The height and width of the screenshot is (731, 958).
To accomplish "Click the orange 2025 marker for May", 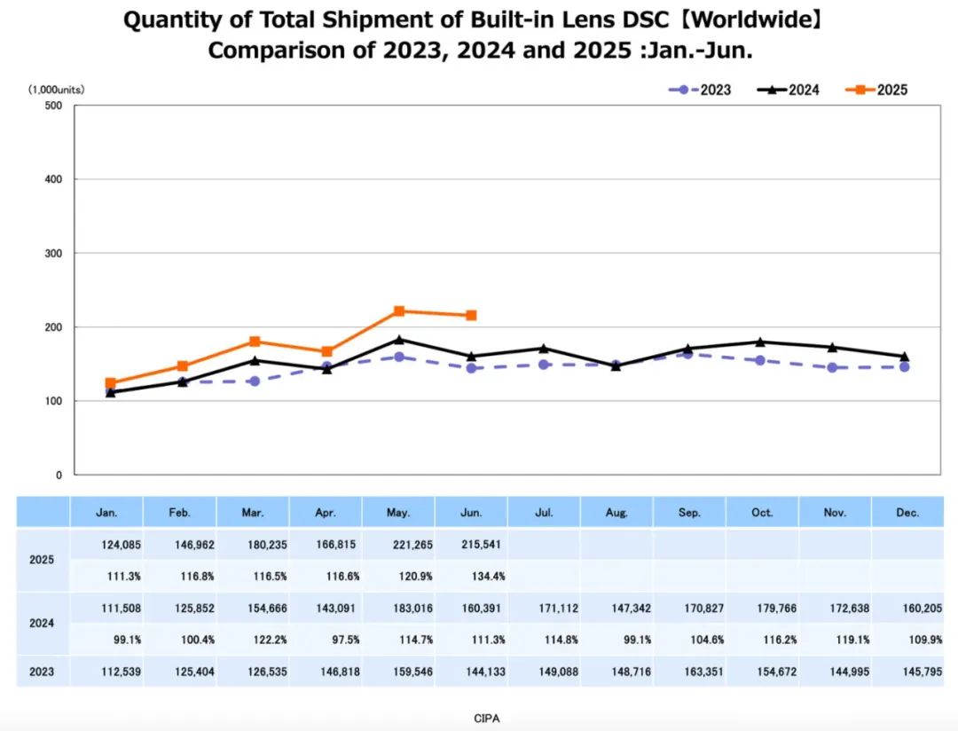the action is [x=399, y=311].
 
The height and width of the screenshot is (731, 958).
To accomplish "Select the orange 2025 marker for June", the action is [x=471, y=316].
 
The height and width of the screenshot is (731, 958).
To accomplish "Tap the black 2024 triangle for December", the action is [x=904, y=356].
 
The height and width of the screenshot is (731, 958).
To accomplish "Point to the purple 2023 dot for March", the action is [x=255, y=381].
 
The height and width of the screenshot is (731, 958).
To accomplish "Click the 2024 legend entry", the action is [x=789, y=90].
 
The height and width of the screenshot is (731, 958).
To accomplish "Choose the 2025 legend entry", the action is [x=876, y=90].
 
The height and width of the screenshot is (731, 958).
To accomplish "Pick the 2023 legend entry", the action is [x=700, y=90].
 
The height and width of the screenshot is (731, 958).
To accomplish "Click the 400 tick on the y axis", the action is [x=53, y=179].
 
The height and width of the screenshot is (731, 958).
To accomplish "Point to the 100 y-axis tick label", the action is [x=53, y=401].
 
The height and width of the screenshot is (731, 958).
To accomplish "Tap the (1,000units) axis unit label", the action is [x=56, y=90].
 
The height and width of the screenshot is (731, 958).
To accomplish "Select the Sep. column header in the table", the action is [x=689, y=512].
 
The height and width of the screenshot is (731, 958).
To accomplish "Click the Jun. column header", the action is [x=471, y=512].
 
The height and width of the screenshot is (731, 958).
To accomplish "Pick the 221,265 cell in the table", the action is [x=413, y=545].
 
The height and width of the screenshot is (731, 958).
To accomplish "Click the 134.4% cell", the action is [x=488, y=577].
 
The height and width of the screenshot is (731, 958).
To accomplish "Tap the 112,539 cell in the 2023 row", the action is [x=121, y=672].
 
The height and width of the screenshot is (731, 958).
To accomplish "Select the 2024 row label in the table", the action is [x=42, y=624].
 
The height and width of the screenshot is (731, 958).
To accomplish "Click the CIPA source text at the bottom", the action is [x=487, y=719].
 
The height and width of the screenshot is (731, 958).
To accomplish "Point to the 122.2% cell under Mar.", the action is [x=270, y=640].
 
